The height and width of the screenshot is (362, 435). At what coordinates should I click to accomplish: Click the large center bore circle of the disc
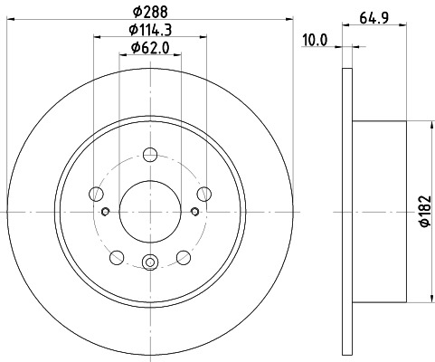151,211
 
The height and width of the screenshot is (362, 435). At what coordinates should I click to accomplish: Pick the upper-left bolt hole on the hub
97,192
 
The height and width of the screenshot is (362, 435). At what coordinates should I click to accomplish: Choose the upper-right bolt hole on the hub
204,192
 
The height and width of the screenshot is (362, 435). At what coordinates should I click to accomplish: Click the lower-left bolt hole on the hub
118,256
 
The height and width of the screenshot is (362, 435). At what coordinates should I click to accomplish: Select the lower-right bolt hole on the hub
184,256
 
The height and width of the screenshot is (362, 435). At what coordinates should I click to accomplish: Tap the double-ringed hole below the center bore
151,263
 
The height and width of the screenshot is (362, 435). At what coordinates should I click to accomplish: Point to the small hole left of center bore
106,212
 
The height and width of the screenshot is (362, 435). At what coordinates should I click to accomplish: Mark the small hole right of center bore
196,212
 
